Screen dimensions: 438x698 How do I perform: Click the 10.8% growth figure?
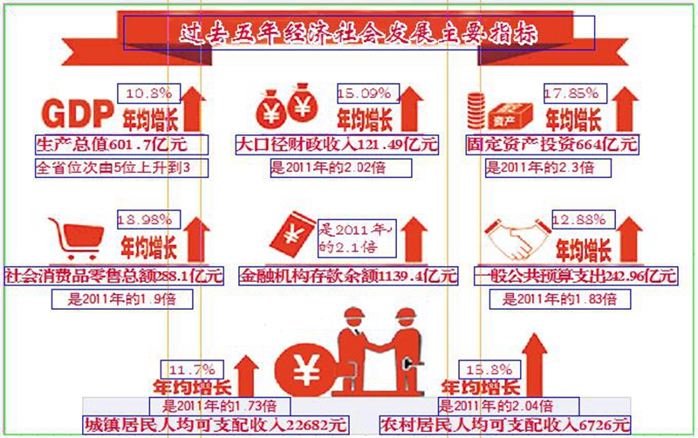tap(147, 92)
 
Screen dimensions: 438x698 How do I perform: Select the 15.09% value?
tap(367, 92)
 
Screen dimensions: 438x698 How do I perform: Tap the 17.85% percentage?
tap(573, 92)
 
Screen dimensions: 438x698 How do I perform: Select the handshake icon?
tap(516, 240)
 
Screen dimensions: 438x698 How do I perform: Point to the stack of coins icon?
tap(476, 108)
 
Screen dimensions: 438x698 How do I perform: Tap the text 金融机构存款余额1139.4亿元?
tap(349, 277)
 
